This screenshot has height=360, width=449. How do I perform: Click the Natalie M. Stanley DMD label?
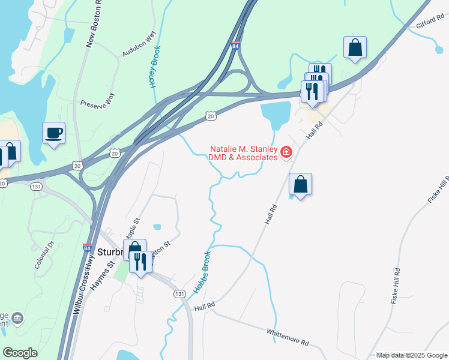point(243,153)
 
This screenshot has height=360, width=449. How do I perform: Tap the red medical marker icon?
point(286,153)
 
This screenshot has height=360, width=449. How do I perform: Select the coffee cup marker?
point(53,133)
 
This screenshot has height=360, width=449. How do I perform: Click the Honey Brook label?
point(155,67)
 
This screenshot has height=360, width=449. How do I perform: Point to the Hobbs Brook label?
point(202,272)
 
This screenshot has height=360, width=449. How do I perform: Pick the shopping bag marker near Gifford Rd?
point(355,47)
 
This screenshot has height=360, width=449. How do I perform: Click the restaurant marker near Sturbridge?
point(140,262)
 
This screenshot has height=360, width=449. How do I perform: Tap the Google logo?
point(20,353)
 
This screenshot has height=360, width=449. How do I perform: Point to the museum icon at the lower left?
point(17,317)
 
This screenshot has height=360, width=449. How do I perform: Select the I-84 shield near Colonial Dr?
point(88,247)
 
